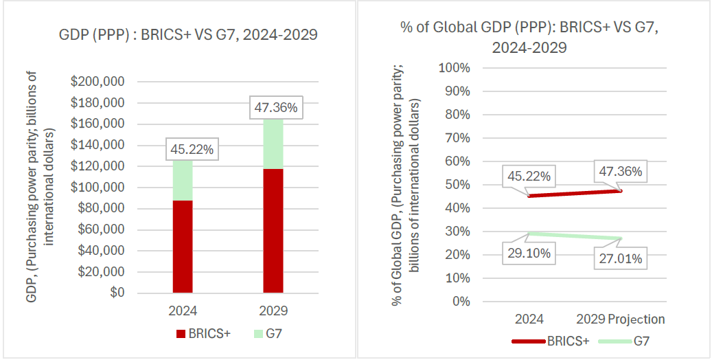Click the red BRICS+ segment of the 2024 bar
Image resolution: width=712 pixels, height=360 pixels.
coord(182,246)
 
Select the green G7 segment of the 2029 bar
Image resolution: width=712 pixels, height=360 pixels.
coord(273,143)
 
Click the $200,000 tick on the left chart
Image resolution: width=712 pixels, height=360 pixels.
coord(97,82)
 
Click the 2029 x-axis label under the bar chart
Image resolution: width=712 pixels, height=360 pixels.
coord(273,311)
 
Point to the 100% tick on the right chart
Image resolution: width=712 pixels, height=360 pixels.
coord(454,68)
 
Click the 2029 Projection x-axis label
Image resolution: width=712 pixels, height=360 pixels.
coord(621,319)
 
